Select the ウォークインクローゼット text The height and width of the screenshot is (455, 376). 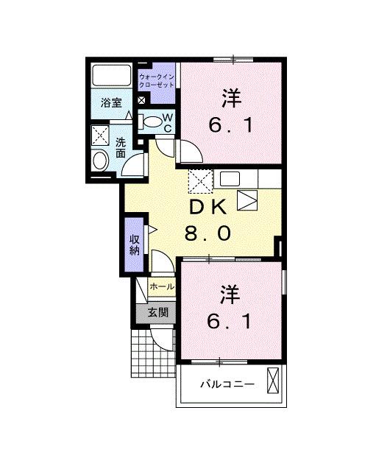pos(157,80)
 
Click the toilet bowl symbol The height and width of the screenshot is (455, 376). pos(151,123)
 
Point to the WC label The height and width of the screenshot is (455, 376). pos(168,123)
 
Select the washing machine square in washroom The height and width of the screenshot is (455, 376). pos(100,136)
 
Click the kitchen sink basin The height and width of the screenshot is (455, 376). pos(228,179)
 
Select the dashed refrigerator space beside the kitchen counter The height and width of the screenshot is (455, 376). pos(199,180)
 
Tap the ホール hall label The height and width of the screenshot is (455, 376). pos(161,286)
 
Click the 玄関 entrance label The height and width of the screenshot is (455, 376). pos(157,313)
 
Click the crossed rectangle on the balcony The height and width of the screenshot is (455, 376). pos(273,380)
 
